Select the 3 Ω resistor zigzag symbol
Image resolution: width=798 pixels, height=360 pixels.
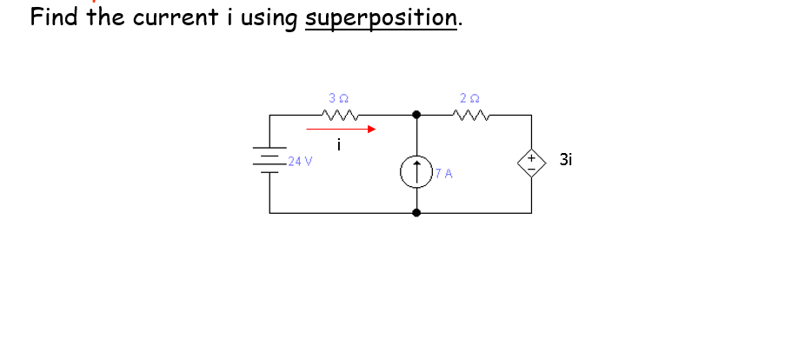pyautogui.click(x=339, y=115)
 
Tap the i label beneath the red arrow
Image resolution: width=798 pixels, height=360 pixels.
pyautogui.click(x=339, y=145)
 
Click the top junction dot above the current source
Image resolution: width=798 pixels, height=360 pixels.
pyautogui.click(x=416, y=115)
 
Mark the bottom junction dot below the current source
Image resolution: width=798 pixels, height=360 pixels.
pyautogui.click(x=416, y=212)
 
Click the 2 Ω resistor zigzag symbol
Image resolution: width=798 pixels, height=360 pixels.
pyautogui.click(x=472, y=115)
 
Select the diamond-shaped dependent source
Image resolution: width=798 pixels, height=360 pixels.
pyautogui.click(x=531, y=162)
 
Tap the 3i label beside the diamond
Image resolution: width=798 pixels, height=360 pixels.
pyautogui.click(x=567, y=160)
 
